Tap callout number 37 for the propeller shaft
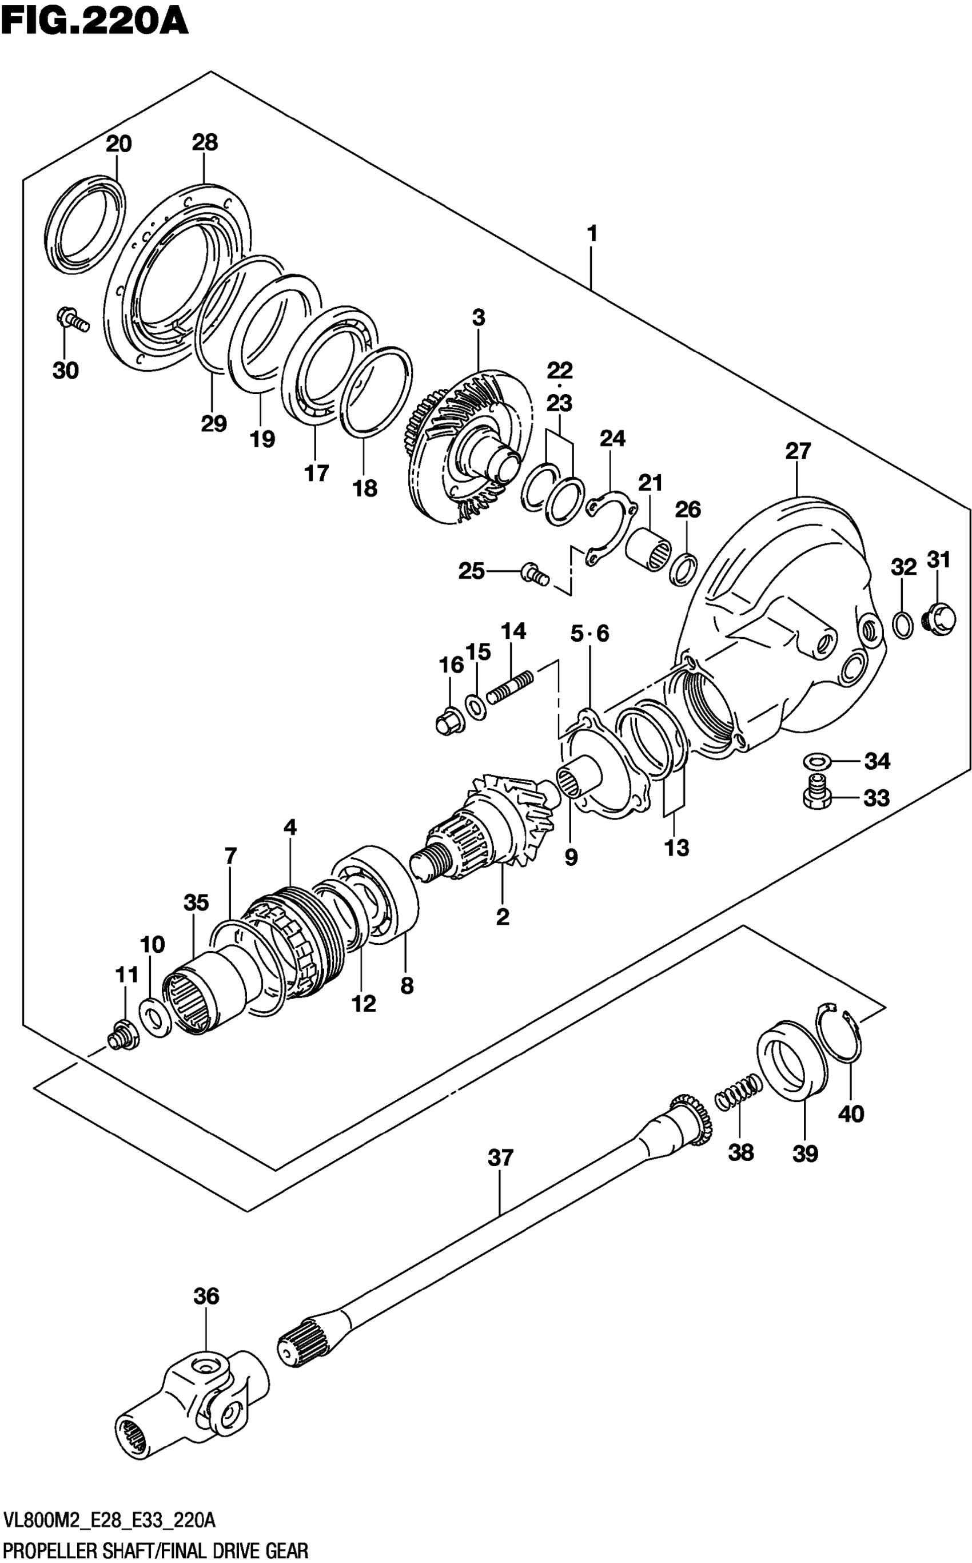(500, 1158)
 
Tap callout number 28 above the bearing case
(205, 143)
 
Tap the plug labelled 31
(939, 619)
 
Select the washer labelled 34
(816, 762)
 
